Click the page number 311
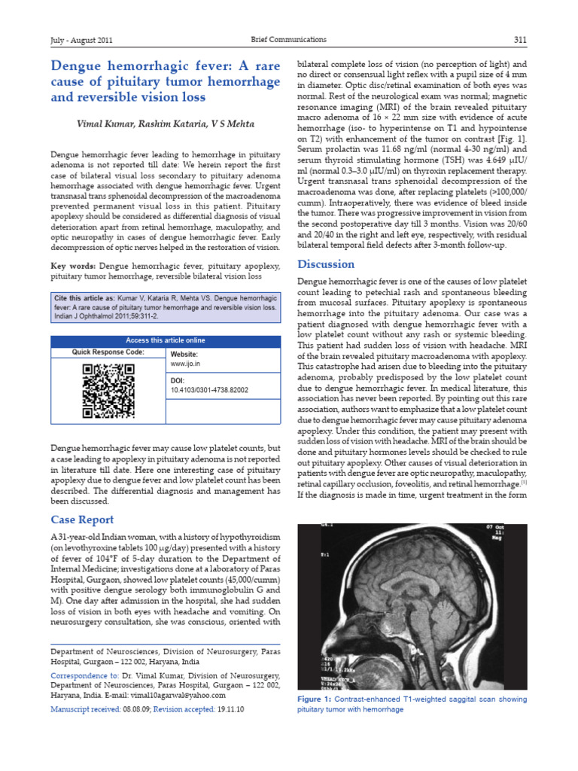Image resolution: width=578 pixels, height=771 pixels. tap(520, 40)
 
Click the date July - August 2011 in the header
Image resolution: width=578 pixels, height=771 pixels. tap(81, 40)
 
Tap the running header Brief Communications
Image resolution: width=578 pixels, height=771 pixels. tap(289, 39)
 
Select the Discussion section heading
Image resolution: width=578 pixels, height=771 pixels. tap(326, 264)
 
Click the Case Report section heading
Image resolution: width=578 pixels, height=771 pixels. tap(82, 520)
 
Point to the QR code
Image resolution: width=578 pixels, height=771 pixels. tap(108, 390)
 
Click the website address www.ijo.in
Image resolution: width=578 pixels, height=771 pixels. tap(185, 364)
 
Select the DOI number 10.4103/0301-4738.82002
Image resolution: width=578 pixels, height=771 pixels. tap(209, 390)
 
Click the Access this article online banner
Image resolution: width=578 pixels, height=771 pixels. tap(165, 340)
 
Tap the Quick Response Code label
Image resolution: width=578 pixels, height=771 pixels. tap(108, 352)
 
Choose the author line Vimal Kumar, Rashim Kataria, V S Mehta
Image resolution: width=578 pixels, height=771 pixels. tap(165, 123)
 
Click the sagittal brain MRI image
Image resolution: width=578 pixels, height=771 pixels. tap(412, 607)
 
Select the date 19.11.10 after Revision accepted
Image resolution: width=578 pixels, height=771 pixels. tap(233, 709)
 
